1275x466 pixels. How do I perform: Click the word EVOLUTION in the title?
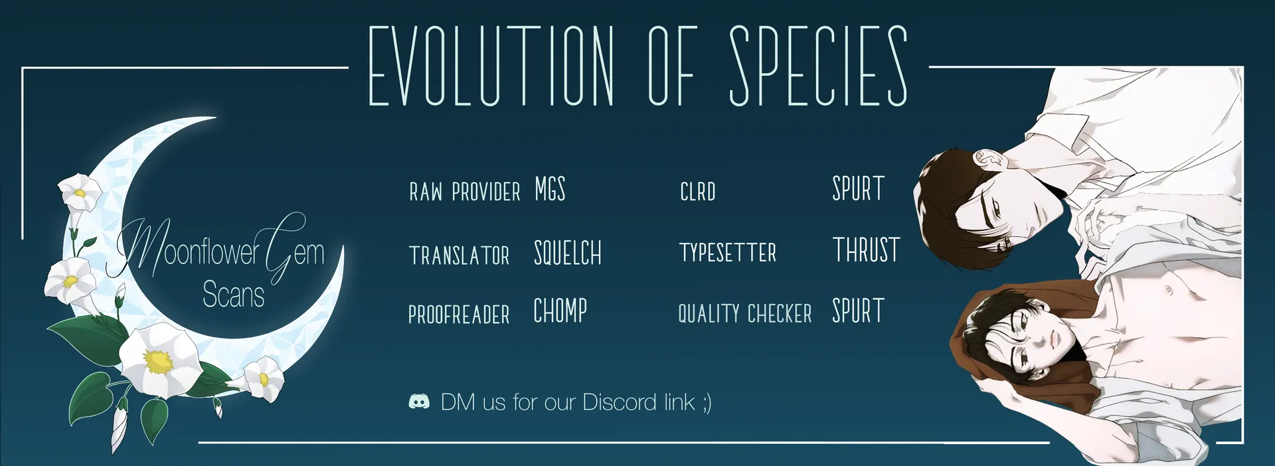pyautogui.click(x=491, y=66)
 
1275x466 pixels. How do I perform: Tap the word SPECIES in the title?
pyautogui.click(x=819, y=66)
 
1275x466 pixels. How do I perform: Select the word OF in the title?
pyautogui.click(x=671, y=66)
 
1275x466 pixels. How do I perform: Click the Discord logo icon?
pyautogui.click(x=419, y=402)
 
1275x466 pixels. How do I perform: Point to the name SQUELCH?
pyautogui.click(x=568, y=253)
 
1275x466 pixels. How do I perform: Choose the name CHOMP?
pyautogui.click(x=560, y=311)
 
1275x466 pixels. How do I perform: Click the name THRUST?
pyautogui.click(x=867, y=250)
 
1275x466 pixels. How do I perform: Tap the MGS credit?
pyautogui.click(x=551, y=189)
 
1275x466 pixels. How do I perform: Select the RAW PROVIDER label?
pyautogui.click(x=465, y=192)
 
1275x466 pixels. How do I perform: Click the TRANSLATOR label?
pyautogui.click(x=460, y=256)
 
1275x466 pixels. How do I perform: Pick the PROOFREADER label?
pyautogui.click(x=459, y=314)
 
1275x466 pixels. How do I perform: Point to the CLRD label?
pyautogui.click(x=698, y=192)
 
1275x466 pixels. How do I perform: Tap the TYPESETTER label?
pyautogui.click(x=728, y=252)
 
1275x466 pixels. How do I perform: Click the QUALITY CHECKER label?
pyautogui.click(x=745, y=313)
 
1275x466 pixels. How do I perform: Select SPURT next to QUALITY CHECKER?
pyautogui.click(x=859, y=311)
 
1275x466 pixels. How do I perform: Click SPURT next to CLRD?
pyautogui.click(x=859, y=189)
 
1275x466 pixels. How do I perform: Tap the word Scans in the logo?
pyautogui.click(x=233, y=295)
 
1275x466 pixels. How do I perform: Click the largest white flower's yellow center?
pyautogui.click(x=158, y=362)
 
